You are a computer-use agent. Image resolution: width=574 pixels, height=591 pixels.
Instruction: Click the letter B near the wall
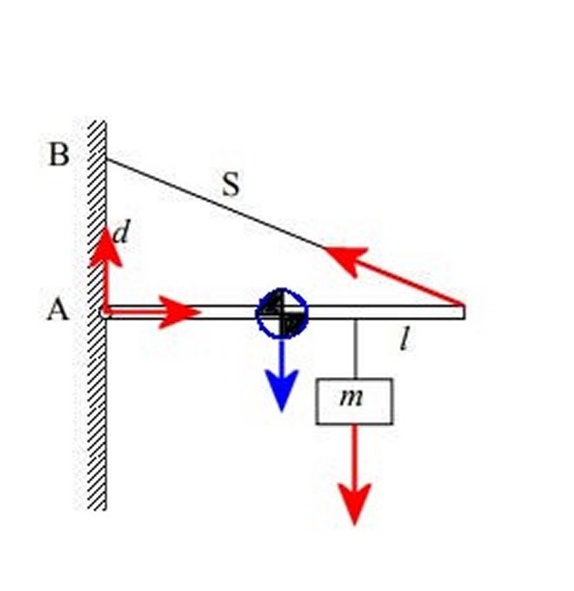click(59, 155)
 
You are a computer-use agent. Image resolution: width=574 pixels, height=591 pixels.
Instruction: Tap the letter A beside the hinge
click(58, 309)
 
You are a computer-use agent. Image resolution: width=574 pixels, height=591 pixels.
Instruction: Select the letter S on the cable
click(231, 184)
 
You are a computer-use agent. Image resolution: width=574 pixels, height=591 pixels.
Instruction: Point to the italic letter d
click(123, 231)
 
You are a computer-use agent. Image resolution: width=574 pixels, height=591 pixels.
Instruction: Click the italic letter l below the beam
click(403, 339)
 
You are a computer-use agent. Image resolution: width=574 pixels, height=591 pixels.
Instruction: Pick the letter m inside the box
click(351, 397)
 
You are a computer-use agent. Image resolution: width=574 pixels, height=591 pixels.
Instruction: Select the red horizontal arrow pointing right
click(179, 312)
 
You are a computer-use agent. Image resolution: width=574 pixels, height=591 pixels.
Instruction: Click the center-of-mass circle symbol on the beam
click(281, 313)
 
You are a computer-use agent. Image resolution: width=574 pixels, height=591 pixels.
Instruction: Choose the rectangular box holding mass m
click(354, 402)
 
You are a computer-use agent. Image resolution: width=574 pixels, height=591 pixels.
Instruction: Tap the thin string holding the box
click(355, 349)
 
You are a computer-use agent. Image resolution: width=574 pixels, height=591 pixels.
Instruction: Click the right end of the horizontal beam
click(460, 312)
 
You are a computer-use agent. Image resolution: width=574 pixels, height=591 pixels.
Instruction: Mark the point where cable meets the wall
click(107, 158)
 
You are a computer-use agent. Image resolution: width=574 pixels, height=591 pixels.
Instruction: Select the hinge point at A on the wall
click(106, 311)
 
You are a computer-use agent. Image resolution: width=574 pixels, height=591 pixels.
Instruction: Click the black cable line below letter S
click(218, 203)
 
